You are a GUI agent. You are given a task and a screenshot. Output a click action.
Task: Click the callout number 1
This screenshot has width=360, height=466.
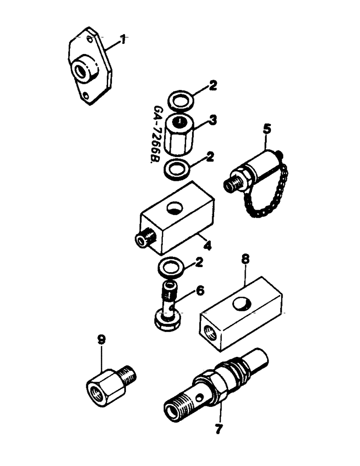123,41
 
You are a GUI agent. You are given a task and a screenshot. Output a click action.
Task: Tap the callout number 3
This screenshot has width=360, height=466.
212,121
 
